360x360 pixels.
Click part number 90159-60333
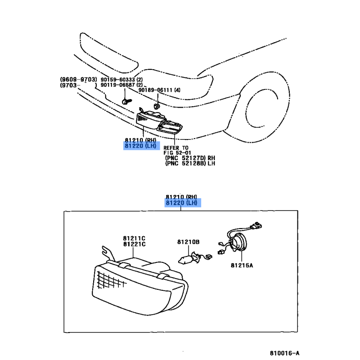point(118,80)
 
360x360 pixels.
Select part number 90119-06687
point(118,85)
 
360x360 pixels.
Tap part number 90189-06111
point(155,90)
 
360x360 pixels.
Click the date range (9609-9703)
point(78,80)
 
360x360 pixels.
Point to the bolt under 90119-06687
point(126,101)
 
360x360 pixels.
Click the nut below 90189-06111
point(157,106)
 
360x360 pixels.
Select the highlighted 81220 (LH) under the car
point(140,146)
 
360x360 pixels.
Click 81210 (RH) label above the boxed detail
point(181,197)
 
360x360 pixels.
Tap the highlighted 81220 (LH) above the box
point(181,203)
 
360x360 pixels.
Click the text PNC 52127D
point(185,158)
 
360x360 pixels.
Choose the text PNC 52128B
point(185,163)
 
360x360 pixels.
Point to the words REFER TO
point(176,148)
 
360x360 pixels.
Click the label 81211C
point(134,238)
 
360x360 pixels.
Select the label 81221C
point(134,244)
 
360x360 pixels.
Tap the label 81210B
point(188,242)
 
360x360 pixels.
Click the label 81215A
point(242,265)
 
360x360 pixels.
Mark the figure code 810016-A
point(284,353)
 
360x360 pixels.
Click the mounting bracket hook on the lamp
point(108,252)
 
